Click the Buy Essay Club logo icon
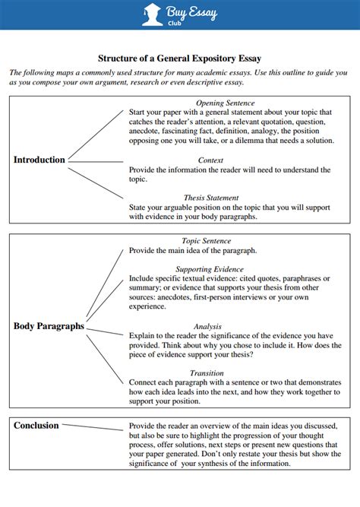pos(152,14)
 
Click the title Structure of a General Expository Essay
pos(179,58)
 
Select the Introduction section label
pos(39,160)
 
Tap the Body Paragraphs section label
pos(49,326)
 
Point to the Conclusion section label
pos(36,426)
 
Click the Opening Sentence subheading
pos(226,103)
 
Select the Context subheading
pos(210,160)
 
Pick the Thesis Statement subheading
pos(211,198)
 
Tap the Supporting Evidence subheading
pos(210,269)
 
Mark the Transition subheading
pos(207,373)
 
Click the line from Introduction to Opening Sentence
pos(96,135)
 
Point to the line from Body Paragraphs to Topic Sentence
pos(105,286)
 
